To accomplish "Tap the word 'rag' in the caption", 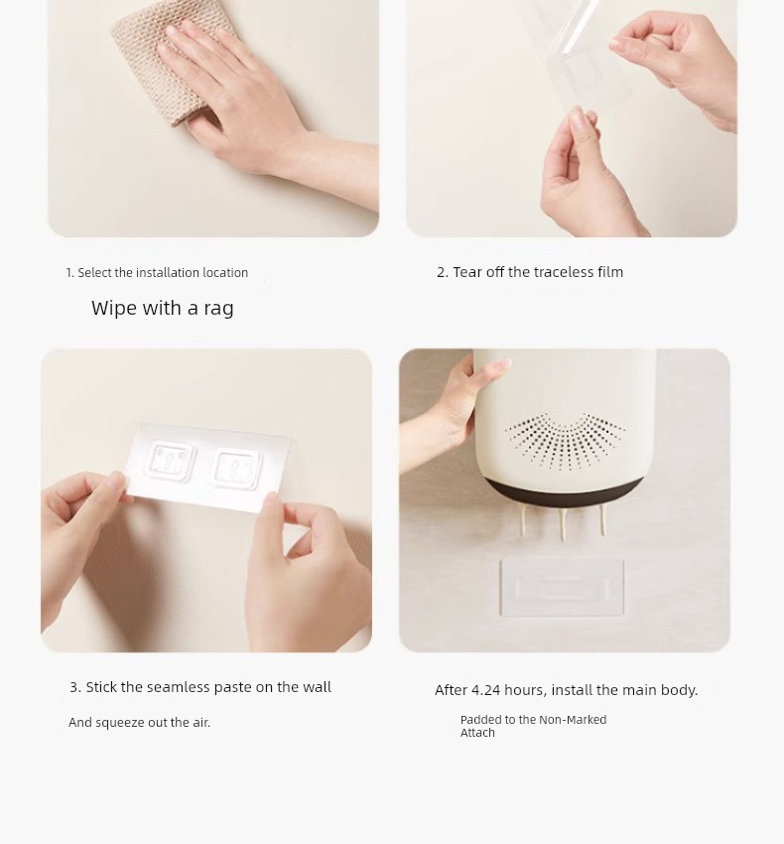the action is pyautogui.click(x=218, y=309).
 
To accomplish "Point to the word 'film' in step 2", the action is pyautogui.click(x=610, y=272).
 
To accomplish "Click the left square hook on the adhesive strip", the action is pyautogui.click(x=170, y=461).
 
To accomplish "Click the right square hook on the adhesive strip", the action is pyautogui.click(x=237, y=468).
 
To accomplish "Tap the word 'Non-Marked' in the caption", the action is pyautogui.click(x=573, y=720).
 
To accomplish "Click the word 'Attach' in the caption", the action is pyautogui.click(x=477, y=733).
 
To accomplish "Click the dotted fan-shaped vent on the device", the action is pyautogui.click(x=565, y=440).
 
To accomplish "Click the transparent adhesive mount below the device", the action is pyautogui.click(x=563, y=587).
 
